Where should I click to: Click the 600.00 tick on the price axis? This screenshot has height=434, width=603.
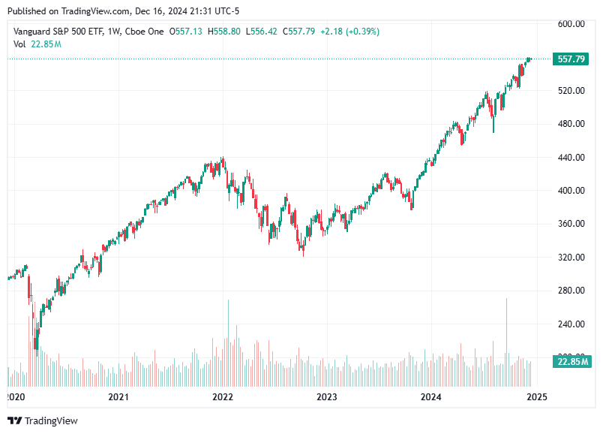pos(571,24)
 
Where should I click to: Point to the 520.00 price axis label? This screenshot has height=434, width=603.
pos(571,91)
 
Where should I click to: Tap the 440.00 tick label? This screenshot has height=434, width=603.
pos(571,158)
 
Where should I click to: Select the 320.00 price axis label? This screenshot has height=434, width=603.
pos(571,258)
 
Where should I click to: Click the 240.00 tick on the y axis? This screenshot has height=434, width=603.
pos(571,324)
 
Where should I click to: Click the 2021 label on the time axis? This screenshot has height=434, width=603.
pos(118,396)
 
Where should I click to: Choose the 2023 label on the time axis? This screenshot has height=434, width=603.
pos(326,396)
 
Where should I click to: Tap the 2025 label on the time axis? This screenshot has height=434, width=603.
pos(535,396)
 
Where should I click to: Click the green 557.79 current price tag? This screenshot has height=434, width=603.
pos(570,59)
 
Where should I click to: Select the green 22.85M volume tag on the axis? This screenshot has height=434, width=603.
pos(570,362)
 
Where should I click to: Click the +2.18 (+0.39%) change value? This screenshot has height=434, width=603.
pos(349,32)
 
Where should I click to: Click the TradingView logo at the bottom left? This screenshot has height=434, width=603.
pos(43,420)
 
